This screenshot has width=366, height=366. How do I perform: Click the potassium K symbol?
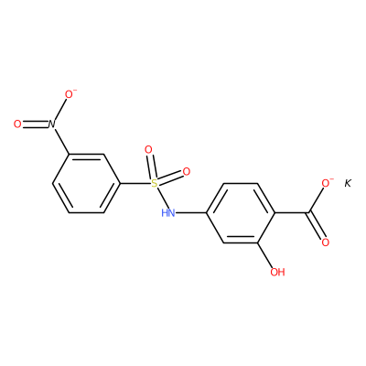click(348, 183)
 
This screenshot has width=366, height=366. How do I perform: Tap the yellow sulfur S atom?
click(155, 183)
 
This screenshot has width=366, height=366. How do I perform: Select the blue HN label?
click(168, 212)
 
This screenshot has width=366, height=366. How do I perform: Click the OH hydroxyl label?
click(277, 272)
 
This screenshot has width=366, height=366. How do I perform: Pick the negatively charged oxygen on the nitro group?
click(70, 94)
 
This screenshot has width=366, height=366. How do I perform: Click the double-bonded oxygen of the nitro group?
click(17, 124)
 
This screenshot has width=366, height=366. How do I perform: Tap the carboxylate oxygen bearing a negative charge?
click(326, 183)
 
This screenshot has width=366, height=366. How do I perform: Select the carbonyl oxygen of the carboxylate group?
click(326, 242)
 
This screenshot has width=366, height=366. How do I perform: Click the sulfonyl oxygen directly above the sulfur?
click(148, 150)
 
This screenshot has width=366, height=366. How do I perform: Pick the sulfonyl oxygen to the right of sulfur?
click(187, 172)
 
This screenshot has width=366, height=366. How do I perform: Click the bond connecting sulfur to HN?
click(161, 198)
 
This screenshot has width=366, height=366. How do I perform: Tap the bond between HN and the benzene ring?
click(191, 212)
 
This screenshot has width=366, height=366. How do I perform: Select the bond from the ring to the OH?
click(265, 255)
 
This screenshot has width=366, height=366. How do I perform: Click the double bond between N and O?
click(35, 124)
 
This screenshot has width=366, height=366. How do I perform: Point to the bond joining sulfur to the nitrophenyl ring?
click(135, 183)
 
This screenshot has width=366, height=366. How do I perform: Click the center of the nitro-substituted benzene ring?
click(86, 183)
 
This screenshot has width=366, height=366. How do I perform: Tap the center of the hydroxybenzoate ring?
click(241, 212)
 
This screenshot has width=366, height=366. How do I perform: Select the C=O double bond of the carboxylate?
click(316, 226)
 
